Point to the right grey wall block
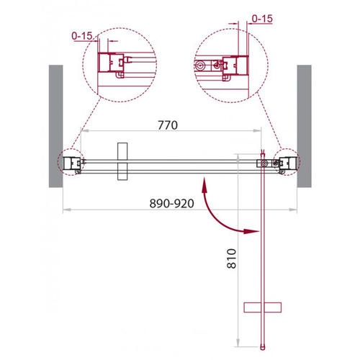(304, 126)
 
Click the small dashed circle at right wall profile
(286, 163)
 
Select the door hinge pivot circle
(264, 164)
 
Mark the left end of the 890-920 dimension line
(65, 210)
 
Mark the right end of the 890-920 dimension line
(298, 210)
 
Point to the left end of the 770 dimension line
(81, 132)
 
